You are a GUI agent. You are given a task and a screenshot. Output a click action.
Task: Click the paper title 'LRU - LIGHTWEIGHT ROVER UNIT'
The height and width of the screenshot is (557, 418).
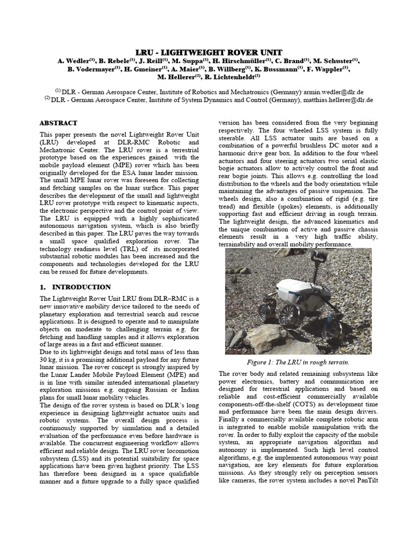209,52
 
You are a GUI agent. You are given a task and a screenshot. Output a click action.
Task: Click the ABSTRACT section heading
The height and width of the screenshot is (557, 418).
58,123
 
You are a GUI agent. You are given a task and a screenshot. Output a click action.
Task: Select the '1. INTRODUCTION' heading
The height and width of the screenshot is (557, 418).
75,287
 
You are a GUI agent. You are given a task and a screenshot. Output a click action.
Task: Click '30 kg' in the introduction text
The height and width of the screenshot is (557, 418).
50,360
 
